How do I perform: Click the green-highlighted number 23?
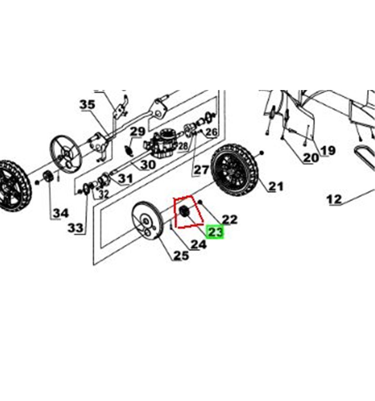216,232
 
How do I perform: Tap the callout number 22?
230,219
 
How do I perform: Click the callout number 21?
276,186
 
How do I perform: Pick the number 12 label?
334,199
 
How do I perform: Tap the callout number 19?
328,150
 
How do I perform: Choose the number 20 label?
311,158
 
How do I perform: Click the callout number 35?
87,104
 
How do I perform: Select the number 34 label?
61,213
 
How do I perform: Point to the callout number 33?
75,228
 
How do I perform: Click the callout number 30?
148,165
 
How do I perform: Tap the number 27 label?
201,170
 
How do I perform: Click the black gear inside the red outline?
183,211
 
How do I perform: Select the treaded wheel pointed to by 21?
233,169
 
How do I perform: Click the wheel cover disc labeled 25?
147,221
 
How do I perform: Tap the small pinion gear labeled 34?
47,176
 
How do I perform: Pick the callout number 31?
125,178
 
